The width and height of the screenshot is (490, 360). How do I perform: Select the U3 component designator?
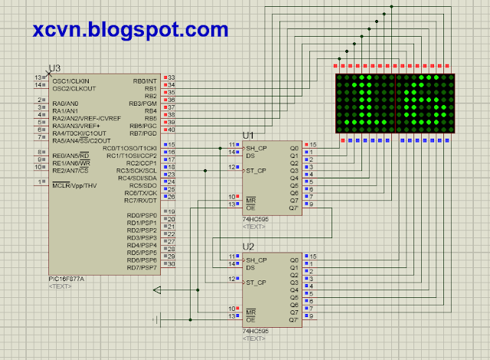tap(54, 68)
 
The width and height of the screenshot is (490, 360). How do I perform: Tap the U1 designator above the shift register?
tap(248, 135)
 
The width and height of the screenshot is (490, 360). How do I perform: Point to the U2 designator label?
tap(248, 246)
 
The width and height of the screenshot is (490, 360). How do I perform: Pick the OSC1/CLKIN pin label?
tap(70, 80)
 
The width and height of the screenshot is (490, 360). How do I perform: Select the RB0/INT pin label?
tap(144, 80)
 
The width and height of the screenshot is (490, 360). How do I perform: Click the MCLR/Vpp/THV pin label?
tap(75, 185)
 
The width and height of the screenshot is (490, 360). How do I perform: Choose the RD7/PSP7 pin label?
tap(142, 267)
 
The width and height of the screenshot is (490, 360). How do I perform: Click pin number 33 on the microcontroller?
tap(171, 77)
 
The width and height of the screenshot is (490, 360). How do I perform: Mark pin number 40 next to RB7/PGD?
tap(171, 129)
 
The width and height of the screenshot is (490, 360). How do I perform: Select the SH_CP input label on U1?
tap(256, 147)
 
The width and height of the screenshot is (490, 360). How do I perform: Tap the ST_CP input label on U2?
tap(256, 283)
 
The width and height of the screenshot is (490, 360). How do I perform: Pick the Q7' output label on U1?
tap(293, 208)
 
